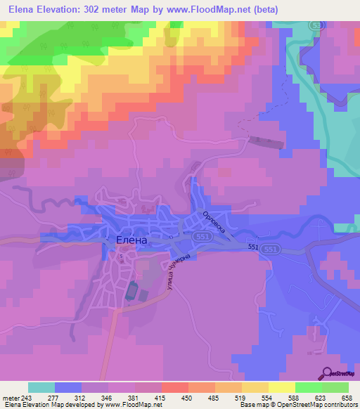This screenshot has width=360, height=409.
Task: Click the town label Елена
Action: click(131, 240)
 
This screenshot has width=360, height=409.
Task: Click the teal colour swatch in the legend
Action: click(41, 387)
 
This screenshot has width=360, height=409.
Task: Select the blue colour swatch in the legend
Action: click(68, 387)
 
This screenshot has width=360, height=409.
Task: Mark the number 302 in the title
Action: click(98, 10)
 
